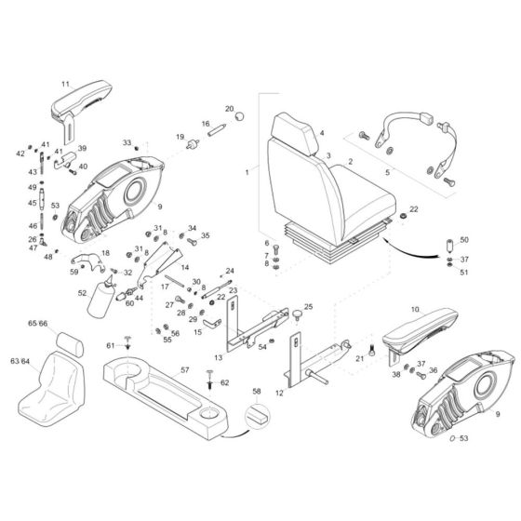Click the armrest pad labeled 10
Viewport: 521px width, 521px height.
416,327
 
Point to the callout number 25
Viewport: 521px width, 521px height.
308,305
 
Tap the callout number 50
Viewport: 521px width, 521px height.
465,240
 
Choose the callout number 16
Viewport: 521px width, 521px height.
206,124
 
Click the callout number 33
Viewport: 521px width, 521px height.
127,142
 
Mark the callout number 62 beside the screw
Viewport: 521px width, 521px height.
224,382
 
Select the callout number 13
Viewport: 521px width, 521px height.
218,356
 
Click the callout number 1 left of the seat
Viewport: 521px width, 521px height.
247,172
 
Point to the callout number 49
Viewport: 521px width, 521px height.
31,187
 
